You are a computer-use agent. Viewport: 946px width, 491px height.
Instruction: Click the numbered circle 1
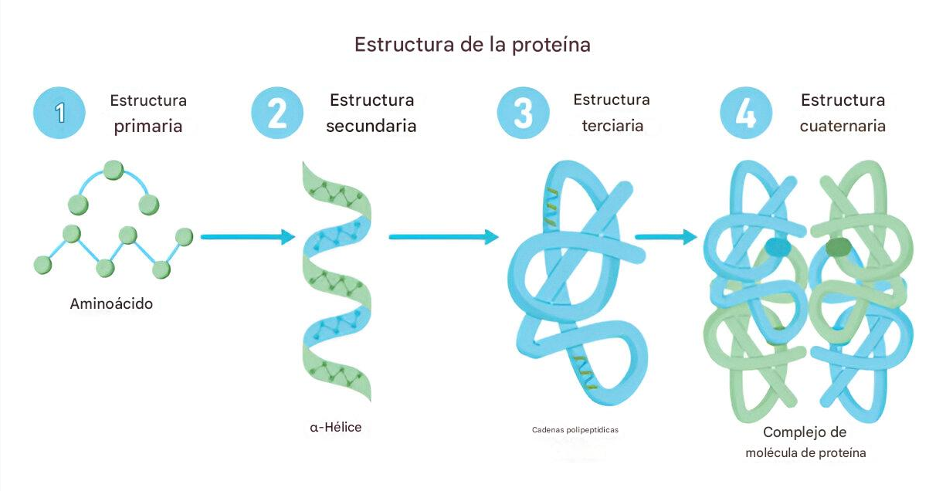coord(59,113)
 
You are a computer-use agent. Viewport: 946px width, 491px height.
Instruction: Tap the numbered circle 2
coord(277,113)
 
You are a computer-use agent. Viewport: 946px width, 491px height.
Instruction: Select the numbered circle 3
coord(524,113)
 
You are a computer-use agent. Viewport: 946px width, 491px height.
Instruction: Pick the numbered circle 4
coord(746,113)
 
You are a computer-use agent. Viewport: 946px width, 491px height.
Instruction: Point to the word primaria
coord(148,126)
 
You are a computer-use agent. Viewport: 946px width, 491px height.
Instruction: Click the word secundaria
coord(371,126)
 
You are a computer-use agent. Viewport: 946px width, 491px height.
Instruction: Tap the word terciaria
coord(612,126)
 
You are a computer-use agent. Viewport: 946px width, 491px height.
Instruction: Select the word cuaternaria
coord(843,126)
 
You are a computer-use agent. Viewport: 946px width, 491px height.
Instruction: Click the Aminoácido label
coord(111,303)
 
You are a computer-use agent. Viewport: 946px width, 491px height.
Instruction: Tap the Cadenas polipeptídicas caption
coord(575,430)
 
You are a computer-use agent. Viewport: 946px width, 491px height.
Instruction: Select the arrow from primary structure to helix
coord(248,237)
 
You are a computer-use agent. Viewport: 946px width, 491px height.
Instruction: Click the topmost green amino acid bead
coord(114,170)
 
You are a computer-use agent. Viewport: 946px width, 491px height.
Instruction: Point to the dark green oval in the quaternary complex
coord(838,247)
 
